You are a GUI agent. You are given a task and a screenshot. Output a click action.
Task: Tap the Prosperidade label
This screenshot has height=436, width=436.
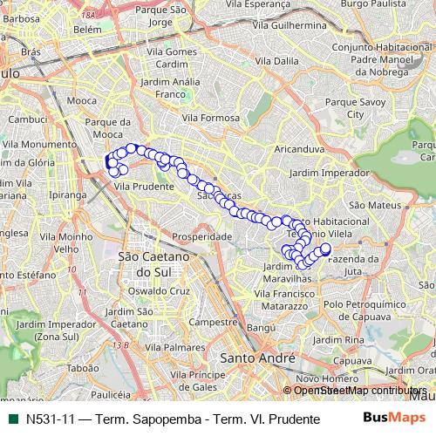click(201, 236)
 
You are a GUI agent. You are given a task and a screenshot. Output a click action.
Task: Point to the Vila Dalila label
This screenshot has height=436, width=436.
click(277, 62)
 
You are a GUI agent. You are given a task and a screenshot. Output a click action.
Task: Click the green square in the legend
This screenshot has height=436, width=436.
click(11, 419)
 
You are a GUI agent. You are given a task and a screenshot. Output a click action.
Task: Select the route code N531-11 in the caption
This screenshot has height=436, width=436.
click(49, 419)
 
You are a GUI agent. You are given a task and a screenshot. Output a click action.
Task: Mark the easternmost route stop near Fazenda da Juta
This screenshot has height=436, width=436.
click(327, 249)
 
